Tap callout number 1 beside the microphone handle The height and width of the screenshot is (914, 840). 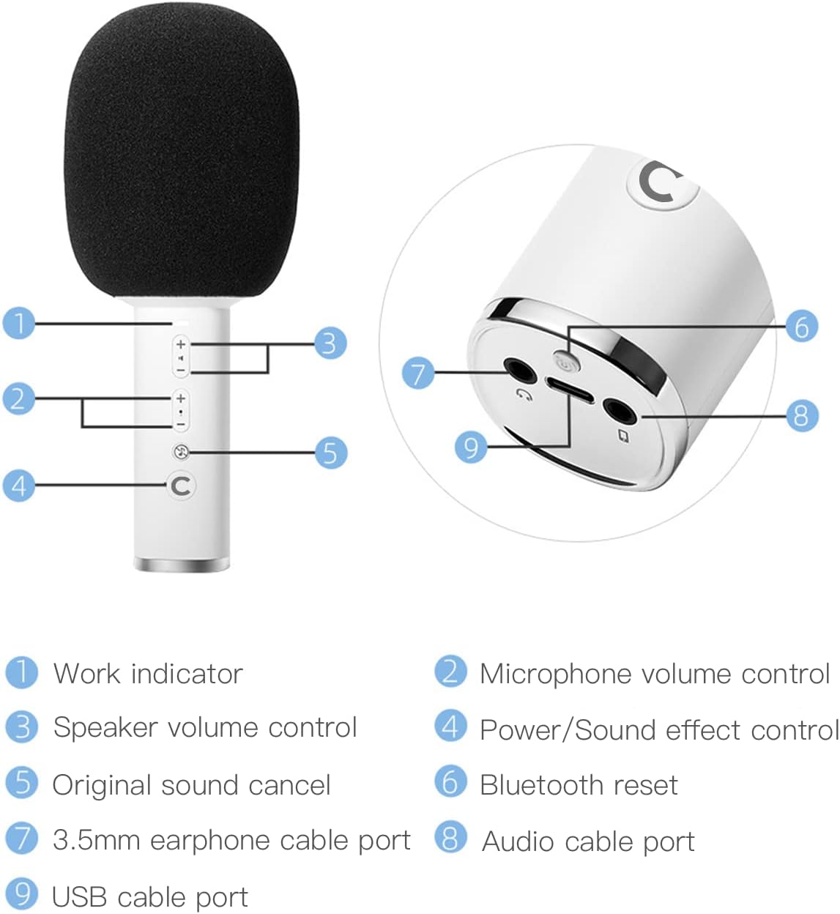click(19, 323)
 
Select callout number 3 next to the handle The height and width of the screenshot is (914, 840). click(329, 343)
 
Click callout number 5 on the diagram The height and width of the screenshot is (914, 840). click(330, 453)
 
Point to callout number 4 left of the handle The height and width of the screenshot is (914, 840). click(19, 485)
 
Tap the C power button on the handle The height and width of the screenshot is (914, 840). click(181, 485)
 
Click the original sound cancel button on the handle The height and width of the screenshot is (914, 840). click(181, 452)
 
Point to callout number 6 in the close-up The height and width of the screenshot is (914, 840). click(801, 326)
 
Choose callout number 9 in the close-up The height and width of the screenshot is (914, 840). click(471, 446)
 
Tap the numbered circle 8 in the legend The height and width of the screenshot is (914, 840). click(450, 838)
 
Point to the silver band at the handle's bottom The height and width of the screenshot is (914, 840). click(182, 565)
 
